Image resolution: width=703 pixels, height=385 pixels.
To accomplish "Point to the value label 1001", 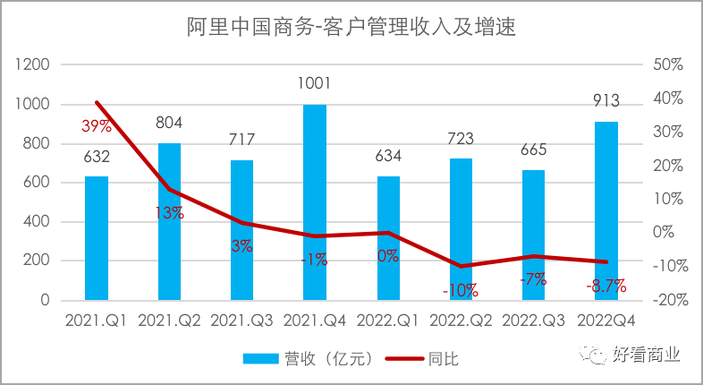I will [x=315, y=84].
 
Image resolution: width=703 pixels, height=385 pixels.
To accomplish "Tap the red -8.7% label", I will [x=606, y=287].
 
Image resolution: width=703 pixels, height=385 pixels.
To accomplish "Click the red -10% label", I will [x=460, y=290].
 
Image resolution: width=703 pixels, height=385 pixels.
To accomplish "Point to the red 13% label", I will [x=169, y=213].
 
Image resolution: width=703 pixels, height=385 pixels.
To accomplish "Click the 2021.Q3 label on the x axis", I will [x=241, y=320].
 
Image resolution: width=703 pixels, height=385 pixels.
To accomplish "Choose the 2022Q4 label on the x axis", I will [x=606, y=320].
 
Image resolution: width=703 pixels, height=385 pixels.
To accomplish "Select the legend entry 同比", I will [x=421, y=358].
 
